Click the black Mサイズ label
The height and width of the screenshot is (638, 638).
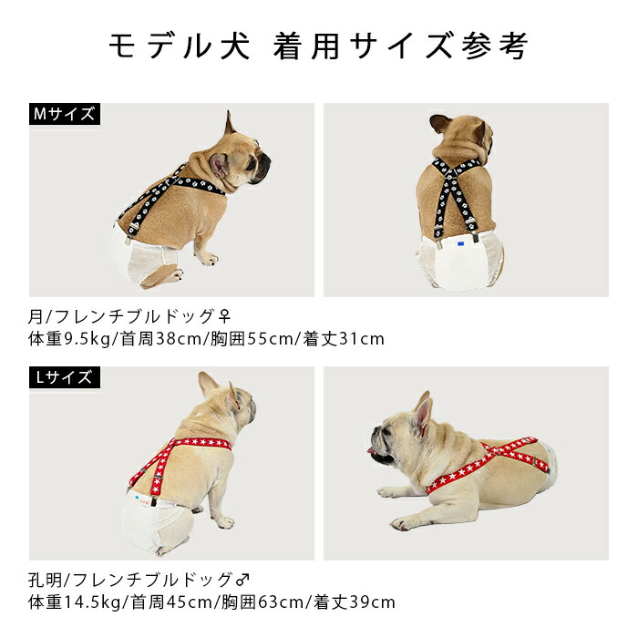point(65,114)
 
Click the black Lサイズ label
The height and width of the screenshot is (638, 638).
point(65,377)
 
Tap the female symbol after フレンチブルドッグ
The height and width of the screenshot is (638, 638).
point(224,316)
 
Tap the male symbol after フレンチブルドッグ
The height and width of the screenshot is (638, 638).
point(242,580)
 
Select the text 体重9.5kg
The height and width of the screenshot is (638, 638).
point(69,339)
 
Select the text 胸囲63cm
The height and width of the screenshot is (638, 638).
point(262,602)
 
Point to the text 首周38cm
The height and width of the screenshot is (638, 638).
point(161,339)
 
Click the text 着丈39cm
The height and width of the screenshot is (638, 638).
point(354,602)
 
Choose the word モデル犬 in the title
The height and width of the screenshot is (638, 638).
point(180,46)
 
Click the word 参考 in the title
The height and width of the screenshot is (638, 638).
point(495,46)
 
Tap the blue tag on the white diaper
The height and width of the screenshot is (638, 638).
point(460,243)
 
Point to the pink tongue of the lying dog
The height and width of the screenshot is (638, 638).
point(371,450)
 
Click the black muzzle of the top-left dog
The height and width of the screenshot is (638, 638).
point(262,167)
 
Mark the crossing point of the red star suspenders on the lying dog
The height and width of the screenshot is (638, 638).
point(499,453)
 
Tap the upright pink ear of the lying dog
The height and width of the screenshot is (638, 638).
point(422,414)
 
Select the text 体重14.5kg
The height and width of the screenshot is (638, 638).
point(75,602)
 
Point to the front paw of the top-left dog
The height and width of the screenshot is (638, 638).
point(209,258)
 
